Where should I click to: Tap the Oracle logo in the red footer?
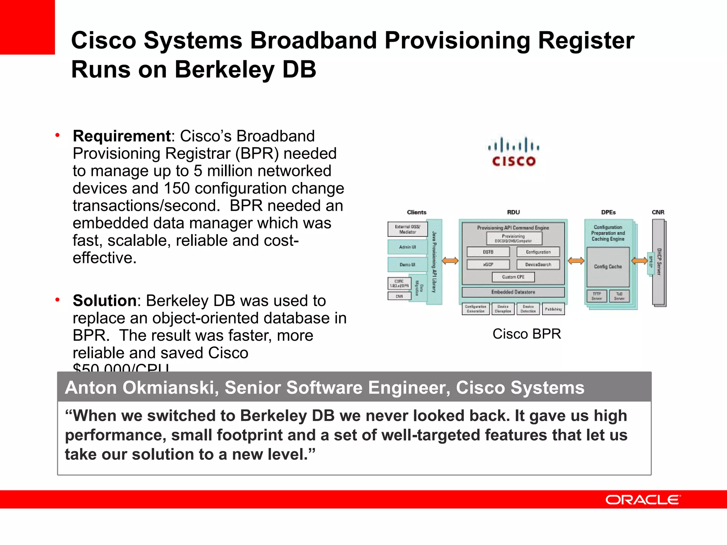pos(643,500)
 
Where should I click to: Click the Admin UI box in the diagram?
pos(408,247)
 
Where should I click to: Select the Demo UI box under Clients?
pos(407,265)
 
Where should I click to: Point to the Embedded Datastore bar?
pos(513,292)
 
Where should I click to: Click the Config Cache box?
pos(608,267)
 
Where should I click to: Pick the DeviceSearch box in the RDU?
pos(538,265)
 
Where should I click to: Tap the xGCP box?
pos(488,265)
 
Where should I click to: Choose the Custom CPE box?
pos(513,277)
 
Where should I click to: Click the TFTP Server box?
pos(597,296)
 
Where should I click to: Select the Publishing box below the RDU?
pos(553,309)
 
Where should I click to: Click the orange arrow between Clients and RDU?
pos(450,261)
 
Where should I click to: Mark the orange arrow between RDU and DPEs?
pos(576,261)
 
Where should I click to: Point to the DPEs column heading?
pos(608,212)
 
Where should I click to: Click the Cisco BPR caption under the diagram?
pos(526,334)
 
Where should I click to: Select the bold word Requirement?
pos(122,136)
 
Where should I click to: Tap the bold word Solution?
pos(105,301)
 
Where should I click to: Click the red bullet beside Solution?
pos(57,300)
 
